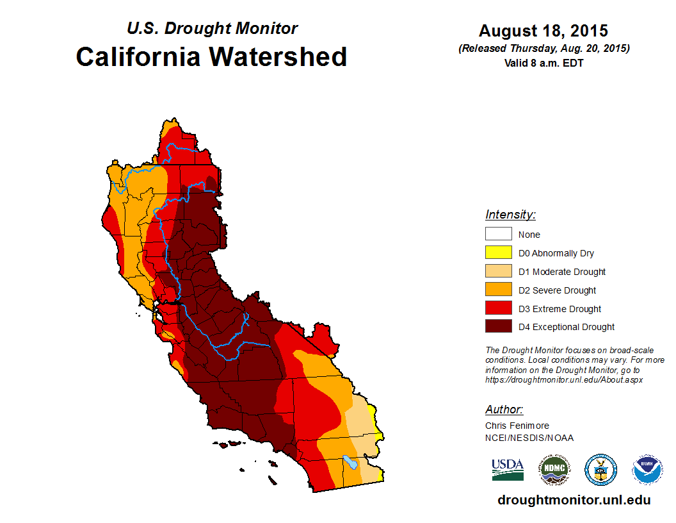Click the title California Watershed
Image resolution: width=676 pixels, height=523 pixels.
(211, 57)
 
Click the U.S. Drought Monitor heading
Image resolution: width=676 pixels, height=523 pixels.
(212, 29)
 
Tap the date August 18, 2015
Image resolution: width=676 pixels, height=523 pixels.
(543, 31)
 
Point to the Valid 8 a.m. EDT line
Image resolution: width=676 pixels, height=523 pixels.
(543, 63)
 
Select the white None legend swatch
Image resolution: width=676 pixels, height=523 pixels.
(498, 235)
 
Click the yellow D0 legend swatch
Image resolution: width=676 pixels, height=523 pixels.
(498, 253)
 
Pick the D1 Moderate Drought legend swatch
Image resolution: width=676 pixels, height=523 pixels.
(498, 272)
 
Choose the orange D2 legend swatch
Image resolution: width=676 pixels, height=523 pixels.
(498, 290)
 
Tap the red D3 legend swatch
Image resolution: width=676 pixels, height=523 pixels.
(498, 309)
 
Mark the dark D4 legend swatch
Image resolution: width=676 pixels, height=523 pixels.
(498, 327)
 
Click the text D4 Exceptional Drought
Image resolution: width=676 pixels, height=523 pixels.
(567, 327)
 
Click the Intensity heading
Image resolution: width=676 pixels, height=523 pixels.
(510, 215)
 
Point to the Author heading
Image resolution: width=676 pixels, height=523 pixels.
(504, 410)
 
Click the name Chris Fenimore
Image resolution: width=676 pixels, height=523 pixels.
(517, 426)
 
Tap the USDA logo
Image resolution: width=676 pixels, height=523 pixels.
(508, 469)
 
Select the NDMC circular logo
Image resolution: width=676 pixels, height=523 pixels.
(554, 470)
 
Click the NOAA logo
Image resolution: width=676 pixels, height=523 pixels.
(647, 470)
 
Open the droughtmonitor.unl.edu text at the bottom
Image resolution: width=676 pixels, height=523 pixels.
(574, 501)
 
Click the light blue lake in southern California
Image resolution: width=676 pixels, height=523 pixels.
(349, 460)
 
